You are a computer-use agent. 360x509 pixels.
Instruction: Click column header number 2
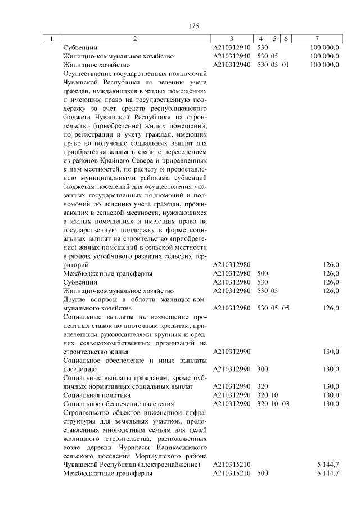point(134,39)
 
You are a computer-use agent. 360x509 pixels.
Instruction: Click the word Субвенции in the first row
point(80,48)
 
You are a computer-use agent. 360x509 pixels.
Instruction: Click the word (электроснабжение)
point(173,465)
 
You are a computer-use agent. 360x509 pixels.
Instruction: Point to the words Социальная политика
point(92,395)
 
